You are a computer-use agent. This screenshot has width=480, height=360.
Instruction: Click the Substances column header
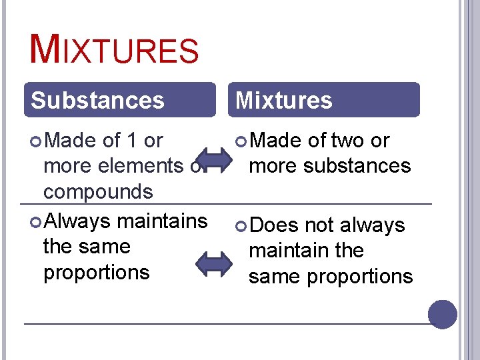point(97,100)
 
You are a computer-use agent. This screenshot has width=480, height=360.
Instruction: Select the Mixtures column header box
point(327,100)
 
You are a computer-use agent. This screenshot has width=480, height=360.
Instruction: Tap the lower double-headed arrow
point(216,263)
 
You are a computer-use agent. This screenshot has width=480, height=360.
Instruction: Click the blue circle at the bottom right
point(443,314)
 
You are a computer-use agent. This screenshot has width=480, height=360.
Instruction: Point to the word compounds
point(98,192)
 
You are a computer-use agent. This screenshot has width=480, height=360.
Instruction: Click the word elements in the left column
point(141,166)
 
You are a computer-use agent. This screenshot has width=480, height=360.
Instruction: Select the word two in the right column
point(347,141)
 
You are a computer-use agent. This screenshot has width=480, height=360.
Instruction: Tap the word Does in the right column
point(276,225)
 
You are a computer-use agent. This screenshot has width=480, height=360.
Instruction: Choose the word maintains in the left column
point(167,220)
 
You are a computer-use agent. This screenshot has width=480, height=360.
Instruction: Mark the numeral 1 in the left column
point(132,141)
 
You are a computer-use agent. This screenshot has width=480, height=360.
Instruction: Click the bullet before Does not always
point(241,226)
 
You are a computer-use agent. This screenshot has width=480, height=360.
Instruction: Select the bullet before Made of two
point(241,141)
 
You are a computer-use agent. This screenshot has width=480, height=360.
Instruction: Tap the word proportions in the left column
point(96,273)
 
